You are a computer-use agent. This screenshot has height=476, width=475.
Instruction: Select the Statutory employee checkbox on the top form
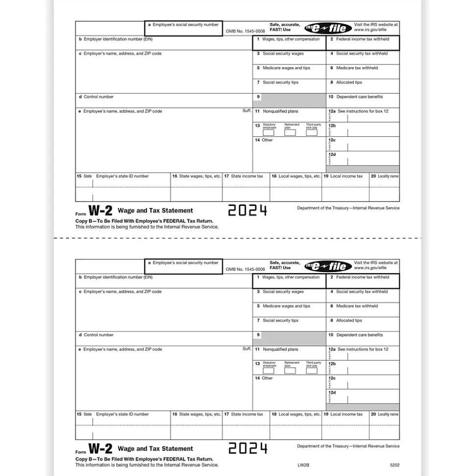[269, 132]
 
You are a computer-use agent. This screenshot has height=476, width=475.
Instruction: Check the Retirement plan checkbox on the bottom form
[290, 371]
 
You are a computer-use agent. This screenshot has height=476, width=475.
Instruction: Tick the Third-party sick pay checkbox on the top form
[312, 132]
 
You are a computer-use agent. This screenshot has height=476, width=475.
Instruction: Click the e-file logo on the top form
[328, 28]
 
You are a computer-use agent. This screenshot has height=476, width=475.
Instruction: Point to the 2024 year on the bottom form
[248, 448]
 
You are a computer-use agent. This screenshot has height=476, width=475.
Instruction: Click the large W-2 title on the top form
[100, 210]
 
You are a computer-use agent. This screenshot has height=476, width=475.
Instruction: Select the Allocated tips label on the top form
[349, 82]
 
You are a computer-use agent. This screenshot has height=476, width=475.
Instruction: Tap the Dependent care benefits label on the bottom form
[359, 335]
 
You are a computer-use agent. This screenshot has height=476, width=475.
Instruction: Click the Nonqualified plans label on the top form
[280, 111]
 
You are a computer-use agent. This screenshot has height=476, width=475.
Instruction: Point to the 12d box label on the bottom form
[332, 393]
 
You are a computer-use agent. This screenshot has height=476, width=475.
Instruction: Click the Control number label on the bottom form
[98, 335]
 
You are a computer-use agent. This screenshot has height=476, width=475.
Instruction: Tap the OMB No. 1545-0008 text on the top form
[245, 31]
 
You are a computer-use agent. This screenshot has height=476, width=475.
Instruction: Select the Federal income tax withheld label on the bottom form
[362, 277]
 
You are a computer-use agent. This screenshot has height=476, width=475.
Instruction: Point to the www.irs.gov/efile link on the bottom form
[370, 268]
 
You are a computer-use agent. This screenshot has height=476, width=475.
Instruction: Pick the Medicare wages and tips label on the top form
[286, 68]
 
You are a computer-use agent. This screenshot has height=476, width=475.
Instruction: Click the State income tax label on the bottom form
[247, 414]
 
